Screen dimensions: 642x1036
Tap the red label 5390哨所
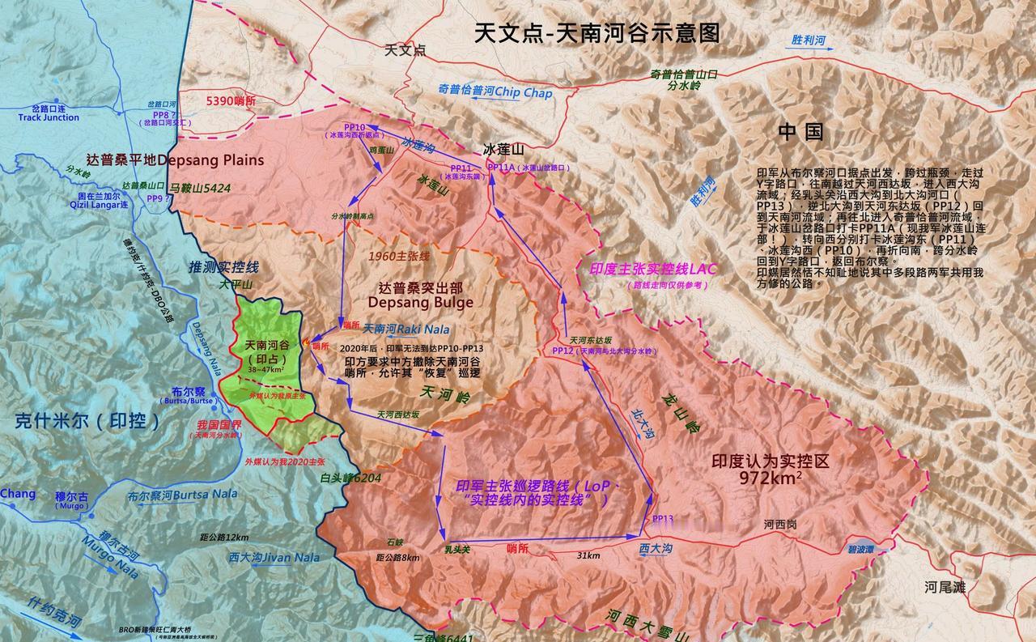point(231,100)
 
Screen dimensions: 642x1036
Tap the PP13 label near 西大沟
point(662,518)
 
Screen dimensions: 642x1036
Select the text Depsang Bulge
point(420,302)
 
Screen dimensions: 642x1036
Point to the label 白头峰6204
point(350,478)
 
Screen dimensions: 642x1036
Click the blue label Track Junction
point(49,117)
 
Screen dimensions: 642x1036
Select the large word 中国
point(800,131)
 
